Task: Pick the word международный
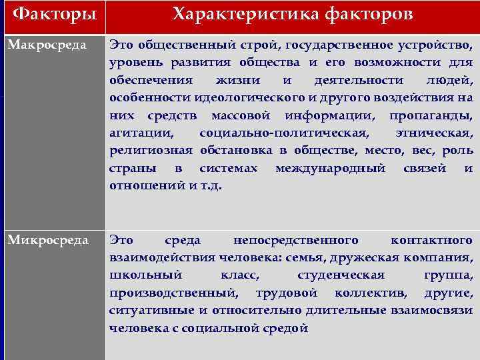pyautogui.click(x=330, y=167)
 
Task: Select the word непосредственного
pyautogui.click(x=296, y=240)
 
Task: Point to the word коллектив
pyautogui.click(x=372, y=292)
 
